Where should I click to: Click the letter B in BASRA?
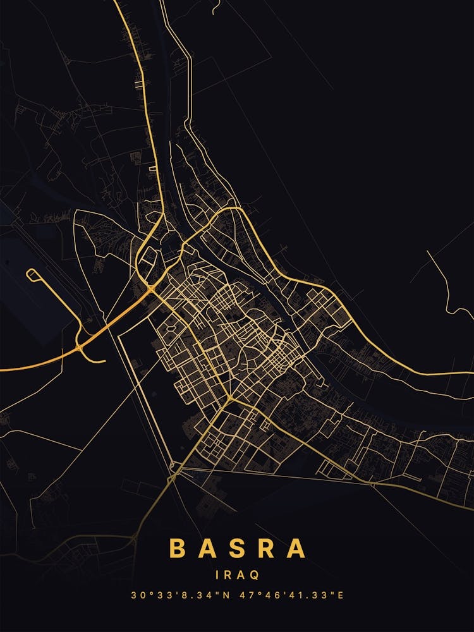click(178, 549)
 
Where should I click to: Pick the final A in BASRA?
click(296, 549)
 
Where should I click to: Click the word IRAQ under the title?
click(237, 575)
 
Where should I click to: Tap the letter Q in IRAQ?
click(254, 575)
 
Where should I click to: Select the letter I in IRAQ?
click(218, 575)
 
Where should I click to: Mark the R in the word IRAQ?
click(228, 575)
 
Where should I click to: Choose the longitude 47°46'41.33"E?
click(295, 595)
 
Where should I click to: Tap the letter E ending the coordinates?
click(340, 595)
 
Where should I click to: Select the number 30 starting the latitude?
click(137, 595)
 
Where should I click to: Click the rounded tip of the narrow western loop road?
click(29, 274)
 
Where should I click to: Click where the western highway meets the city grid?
click(152, 289)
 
